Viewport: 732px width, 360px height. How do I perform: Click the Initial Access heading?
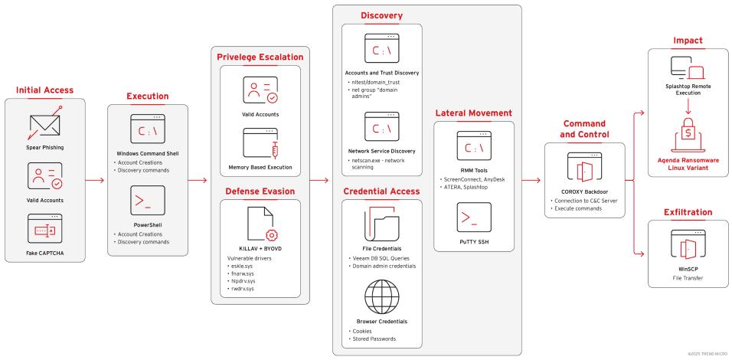click(x=45, y=90)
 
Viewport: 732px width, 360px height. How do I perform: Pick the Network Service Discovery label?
click(x=381, y=152)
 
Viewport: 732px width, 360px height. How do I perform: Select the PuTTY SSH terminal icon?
click(x=472, y=217)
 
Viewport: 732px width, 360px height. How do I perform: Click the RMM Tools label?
click(x=472, y=171)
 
